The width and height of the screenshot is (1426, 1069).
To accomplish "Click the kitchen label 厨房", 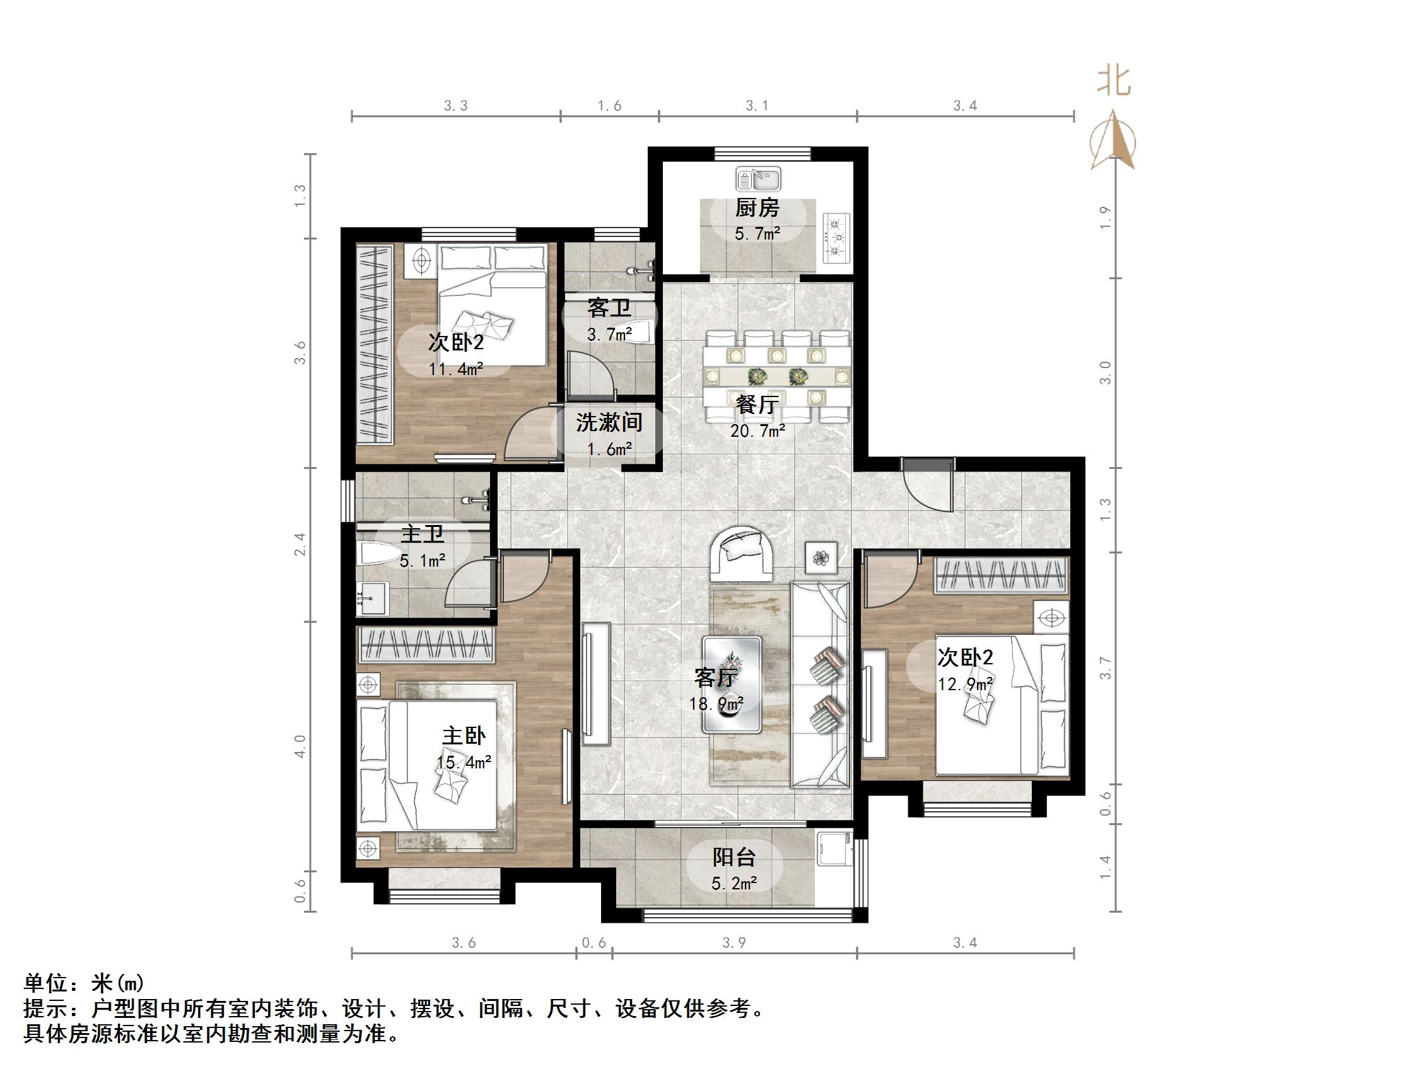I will click(x=757, y=208).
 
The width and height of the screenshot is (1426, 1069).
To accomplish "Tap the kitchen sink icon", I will click(x=758, y=178).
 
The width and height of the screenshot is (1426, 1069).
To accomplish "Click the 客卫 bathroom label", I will click(x=609, y=309).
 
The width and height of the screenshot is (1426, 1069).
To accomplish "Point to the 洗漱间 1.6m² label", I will click(x=609, y=435).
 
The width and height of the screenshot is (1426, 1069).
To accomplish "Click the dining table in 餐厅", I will click(x=777, y=375).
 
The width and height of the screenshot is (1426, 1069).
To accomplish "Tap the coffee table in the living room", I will click(x=732, y=685).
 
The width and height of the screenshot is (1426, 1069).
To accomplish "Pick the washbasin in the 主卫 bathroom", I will click(x=371, y=598).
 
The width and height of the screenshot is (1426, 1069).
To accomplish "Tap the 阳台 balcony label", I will click(x=733, y=858).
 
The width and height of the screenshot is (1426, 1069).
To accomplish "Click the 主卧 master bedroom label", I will click(x=464, y=736).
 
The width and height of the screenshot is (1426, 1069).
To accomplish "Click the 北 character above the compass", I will click(x=1114, y=82).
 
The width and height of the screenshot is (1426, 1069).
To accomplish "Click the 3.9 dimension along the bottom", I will click(x=733, y=944).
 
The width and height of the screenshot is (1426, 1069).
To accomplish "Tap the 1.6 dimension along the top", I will click(x=609, y=106).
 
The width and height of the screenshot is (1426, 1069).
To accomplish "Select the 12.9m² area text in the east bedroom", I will click(x=964, y=685).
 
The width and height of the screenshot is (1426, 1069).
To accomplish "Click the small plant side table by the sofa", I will click(x=821, y=557).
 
